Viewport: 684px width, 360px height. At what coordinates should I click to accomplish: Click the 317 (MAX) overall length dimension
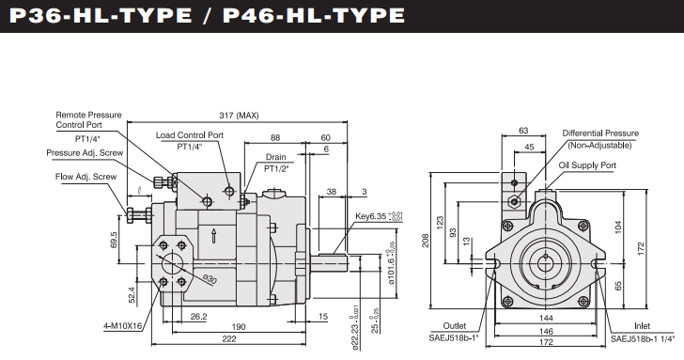pos(239,116)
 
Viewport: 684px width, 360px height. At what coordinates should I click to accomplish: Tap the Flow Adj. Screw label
pos(85,177)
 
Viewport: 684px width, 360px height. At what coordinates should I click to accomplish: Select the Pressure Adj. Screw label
pos(85,153)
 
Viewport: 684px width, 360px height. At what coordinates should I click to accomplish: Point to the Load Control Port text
pos(190,135)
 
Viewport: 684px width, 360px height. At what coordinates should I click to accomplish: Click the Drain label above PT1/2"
pos(275,157)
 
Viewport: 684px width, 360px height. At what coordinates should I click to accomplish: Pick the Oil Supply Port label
pos(587,165)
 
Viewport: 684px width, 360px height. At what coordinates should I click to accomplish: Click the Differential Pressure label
pos(600,133)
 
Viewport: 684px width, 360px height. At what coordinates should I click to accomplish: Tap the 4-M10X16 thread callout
pos(123,326)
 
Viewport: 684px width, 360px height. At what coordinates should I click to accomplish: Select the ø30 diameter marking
pos(210,279)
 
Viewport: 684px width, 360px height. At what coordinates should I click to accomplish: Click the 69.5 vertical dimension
pos(114,241)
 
